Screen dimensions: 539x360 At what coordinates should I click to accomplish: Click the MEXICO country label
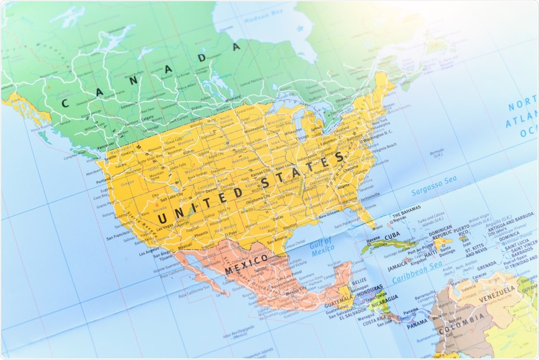click(x=246, y=264)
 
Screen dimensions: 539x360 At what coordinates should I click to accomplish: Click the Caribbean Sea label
click(x=416, y=274)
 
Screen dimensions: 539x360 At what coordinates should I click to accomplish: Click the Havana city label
click(x=374, y=240)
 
